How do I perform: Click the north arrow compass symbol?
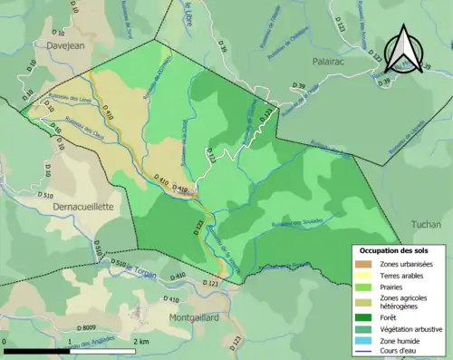[x=405, y=50]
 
